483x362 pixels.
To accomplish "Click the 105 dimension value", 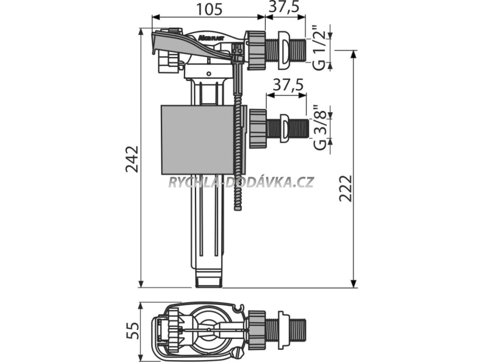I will point(208,9).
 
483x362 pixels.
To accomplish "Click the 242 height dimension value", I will point(133,159).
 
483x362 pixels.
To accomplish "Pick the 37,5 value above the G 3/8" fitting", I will point(286,85).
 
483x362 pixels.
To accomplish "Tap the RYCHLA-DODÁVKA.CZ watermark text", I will point(241,182).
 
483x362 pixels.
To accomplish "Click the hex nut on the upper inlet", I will point(255,50).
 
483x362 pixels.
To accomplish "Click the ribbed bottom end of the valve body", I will point(208,279).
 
